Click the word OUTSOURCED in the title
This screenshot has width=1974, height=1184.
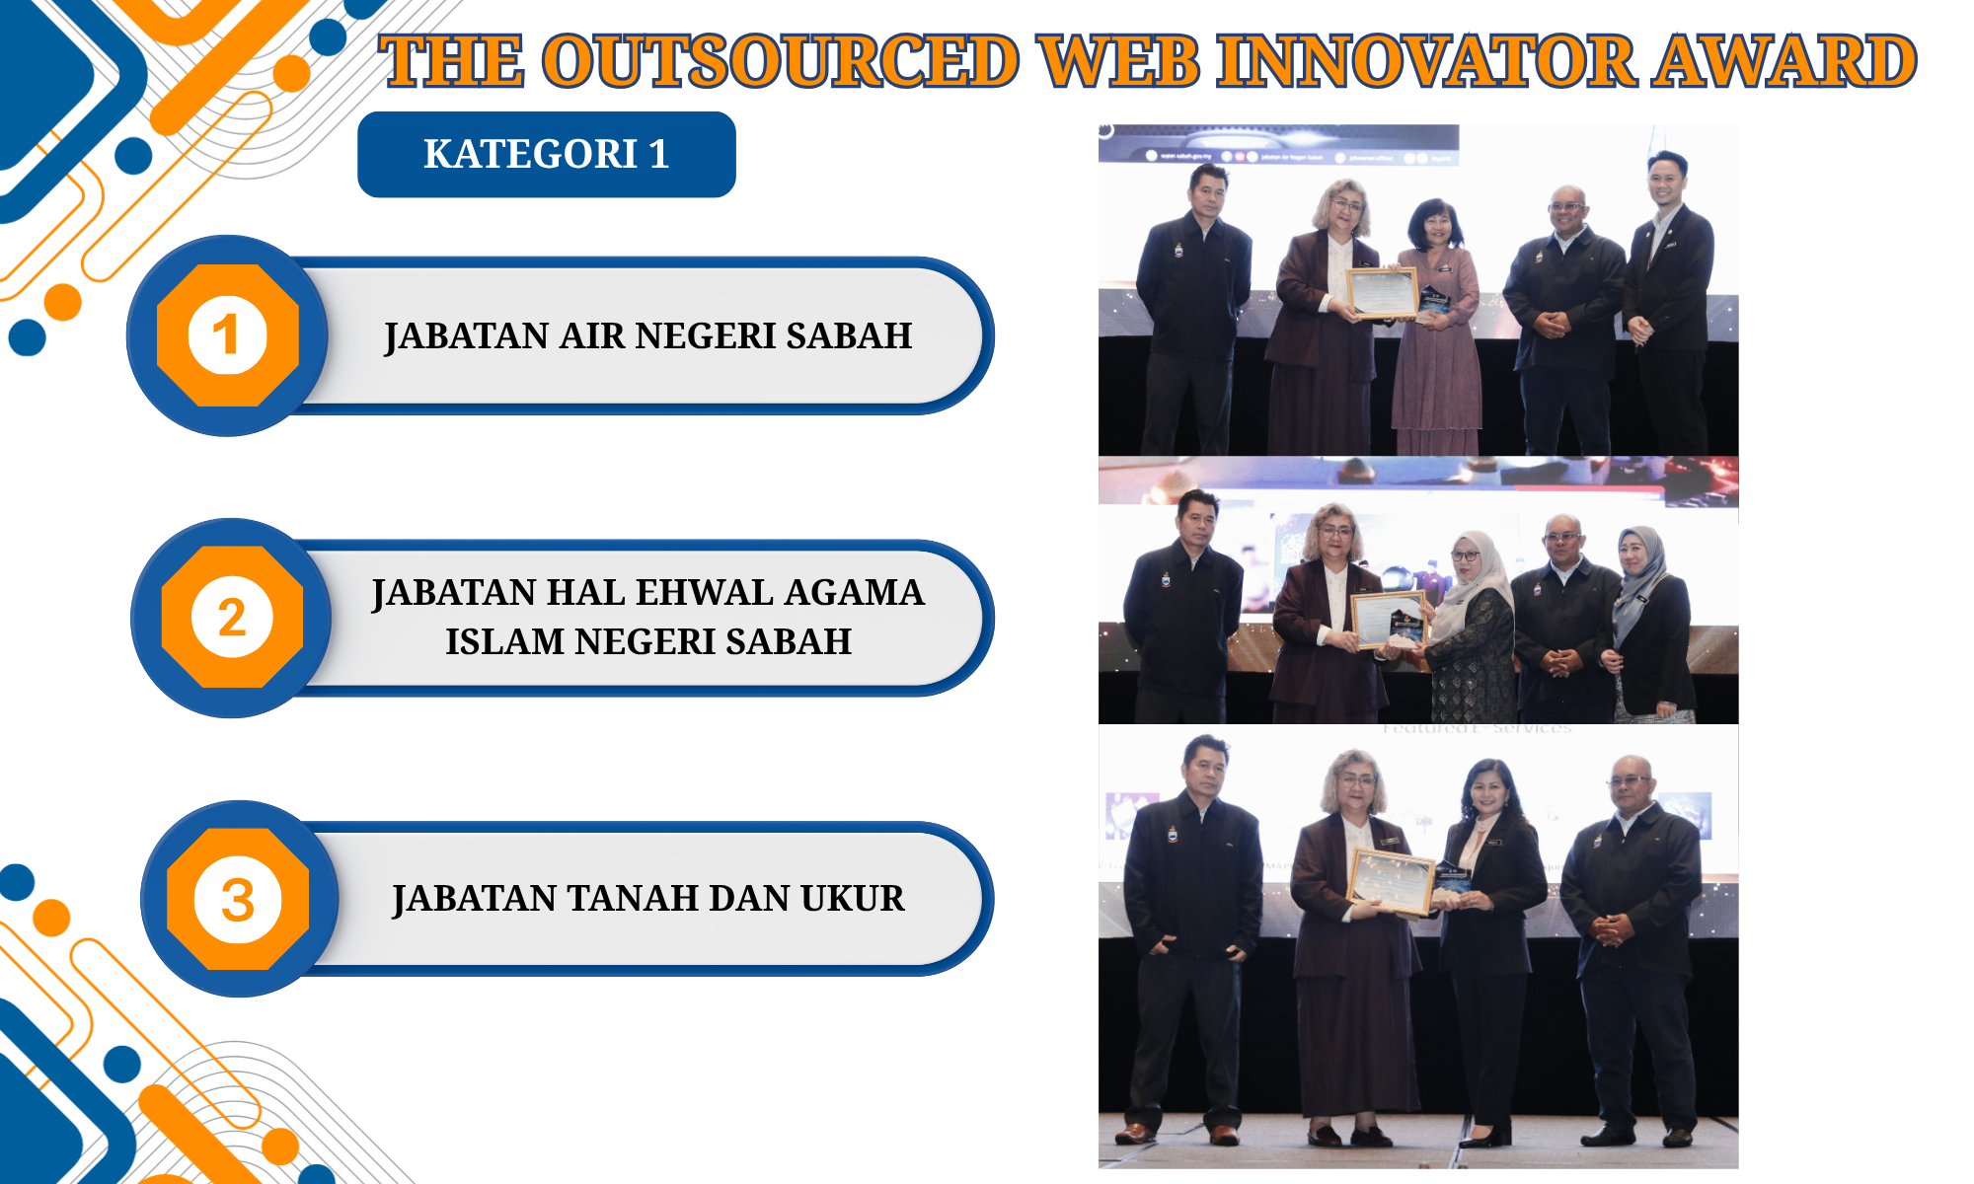[x=781, y=61]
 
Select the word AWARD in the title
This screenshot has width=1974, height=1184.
[x=1785, y=61]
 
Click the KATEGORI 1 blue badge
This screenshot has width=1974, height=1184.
[x=547, y=154]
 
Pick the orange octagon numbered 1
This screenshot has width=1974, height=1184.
[x=228, y=335]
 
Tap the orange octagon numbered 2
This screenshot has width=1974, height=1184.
[x=232, y=618]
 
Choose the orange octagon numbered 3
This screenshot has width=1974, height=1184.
[x=238, y=899]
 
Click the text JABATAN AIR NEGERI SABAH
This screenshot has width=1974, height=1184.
[x=648, y=336]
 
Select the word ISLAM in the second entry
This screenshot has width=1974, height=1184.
[x=504, y=641]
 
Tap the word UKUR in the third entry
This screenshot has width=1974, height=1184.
[x=853, y=899]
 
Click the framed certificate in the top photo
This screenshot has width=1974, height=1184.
[x=1384, y=293]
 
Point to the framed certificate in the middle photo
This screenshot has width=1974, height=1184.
[x=1390, y=620]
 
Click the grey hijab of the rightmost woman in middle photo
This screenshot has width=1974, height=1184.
[x=1638, y=577]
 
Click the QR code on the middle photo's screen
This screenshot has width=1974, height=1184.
[x=1293, y=544]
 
